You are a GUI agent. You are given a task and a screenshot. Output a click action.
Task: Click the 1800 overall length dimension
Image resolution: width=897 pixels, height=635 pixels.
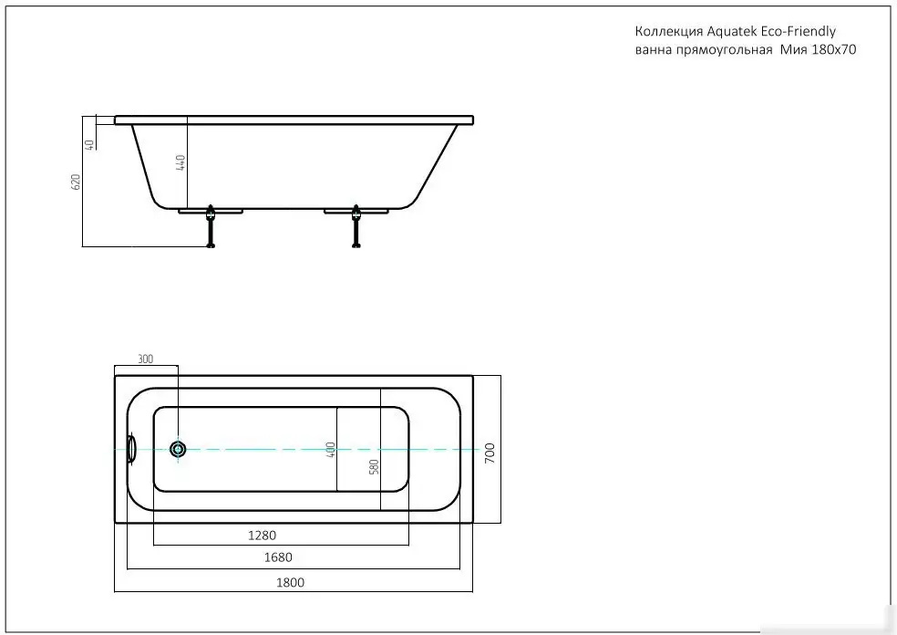click(290, 582)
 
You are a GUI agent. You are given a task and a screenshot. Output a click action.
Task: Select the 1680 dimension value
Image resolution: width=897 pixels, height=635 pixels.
click(277, 557)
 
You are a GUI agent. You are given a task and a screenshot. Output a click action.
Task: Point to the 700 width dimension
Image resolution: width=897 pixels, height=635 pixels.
click(489, 450)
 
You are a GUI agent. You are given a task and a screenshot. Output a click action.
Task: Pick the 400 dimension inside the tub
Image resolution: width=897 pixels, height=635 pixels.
click(330, 450)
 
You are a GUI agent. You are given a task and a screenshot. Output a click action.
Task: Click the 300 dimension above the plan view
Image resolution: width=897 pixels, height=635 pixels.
click(145, 359)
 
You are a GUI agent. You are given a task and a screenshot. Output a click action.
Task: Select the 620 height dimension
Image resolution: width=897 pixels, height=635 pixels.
click(77, 182)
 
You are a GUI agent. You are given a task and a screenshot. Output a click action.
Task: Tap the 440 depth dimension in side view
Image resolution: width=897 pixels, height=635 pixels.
click(180, 163)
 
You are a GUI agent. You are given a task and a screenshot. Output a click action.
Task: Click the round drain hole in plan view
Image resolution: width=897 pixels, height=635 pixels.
click(179, 449)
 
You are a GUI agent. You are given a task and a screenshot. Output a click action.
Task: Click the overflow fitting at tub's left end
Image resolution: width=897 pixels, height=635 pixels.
click(131, 449)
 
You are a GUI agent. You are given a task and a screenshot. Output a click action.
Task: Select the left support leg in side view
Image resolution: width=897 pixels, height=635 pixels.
click(211, 228)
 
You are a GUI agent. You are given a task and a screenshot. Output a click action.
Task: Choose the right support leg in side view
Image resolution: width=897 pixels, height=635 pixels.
click(356, 228)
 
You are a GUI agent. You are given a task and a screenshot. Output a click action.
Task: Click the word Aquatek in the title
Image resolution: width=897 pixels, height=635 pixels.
click(725, 31)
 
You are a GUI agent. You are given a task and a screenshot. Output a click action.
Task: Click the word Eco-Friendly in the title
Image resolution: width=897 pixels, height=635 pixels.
click(799, 31)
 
